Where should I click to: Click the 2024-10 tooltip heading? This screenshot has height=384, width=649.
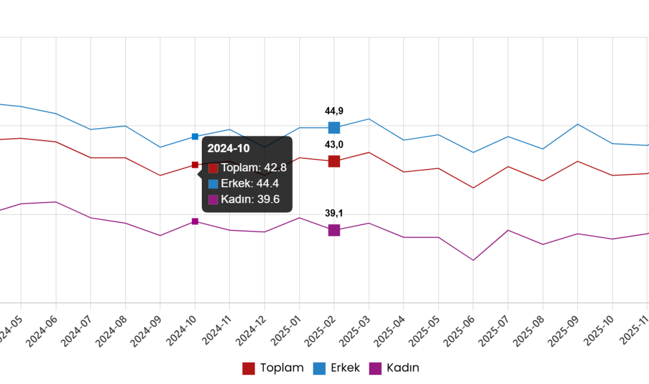228,148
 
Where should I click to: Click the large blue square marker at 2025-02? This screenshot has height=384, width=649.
334,128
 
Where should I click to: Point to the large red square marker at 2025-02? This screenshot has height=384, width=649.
334,161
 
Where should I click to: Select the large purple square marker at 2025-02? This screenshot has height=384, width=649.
334,230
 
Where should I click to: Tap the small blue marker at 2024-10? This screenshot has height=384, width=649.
195,137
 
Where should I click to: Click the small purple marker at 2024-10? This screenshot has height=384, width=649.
195,221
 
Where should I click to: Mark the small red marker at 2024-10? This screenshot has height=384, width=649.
195,165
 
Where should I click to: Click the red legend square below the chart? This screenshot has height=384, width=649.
248,369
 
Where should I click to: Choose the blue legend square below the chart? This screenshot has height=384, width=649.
319,369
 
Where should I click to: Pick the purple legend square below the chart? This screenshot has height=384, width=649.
375,369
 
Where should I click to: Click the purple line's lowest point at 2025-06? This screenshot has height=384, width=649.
473,260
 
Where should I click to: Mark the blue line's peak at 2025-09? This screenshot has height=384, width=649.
578,124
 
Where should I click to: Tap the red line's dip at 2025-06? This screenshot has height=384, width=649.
473,188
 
